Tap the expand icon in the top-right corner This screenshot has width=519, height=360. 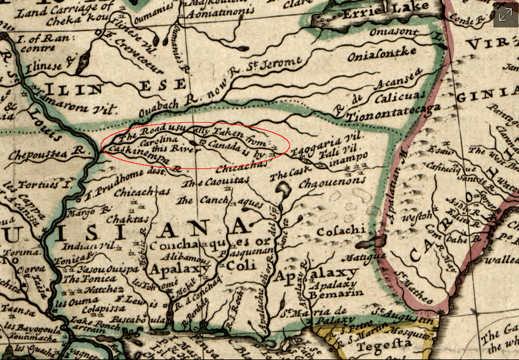pos(505,16)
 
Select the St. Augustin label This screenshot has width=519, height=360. pos(404,314)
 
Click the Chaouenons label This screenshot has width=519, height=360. pos(333,181)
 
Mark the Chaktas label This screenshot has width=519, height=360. pos(127,218)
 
